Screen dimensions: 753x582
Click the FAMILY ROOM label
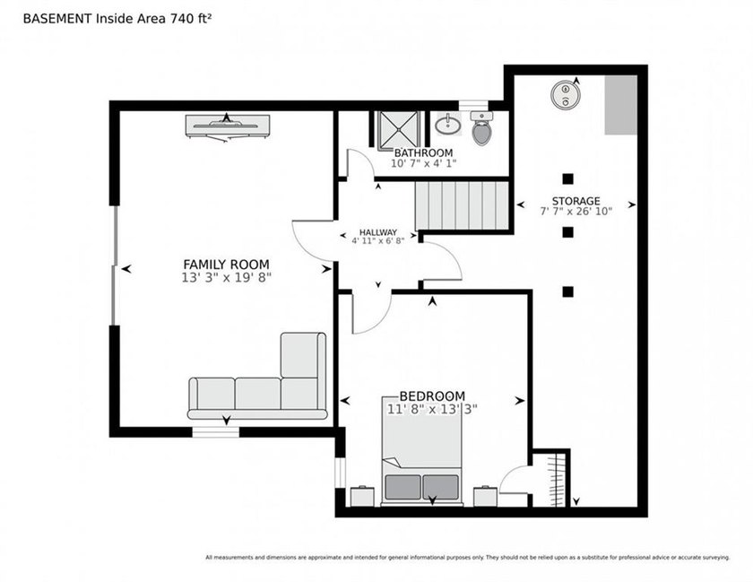coord(226,265)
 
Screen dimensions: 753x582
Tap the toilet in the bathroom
coord(481,128)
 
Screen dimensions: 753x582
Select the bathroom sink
coord(448,125)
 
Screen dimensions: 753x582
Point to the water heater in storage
coord(566,94)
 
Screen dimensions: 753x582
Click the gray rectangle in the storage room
coord(620,105)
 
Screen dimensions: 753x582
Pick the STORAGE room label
coord(576,201)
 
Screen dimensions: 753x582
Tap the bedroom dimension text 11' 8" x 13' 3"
coord(432,410)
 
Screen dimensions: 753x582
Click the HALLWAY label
coord(378,232)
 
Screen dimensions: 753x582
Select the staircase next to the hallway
coord(462,205)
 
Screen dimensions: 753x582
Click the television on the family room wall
coord(227,126)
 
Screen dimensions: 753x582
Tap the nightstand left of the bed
coord(362,496)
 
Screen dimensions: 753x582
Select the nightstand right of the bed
coord(486,496)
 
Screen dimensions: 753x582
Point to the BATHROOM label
coord(423,152)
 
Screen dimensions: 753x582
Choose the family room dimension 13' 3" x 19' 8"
coord(226,277)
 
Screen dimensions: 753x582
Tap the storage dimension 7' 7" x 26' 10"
coord(576,211)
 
